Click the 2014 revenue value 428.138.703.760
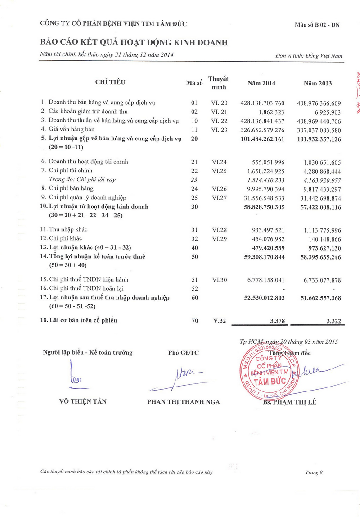pos(262,103)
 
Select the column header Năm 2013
pos(318,83)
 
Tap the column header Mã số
pos(194,83)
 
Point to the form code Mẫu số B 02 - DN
pos(318,25)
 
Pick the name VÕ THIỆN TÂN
pos(83,401)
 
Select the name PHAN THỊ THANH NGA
pos(184,402)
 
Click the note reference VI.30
pos(220,280)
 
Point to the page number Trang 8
pos(314,472)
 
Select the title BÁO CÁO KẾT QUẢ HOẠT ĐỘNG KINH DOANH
pos(134,43)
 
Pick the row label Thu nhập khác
pos(65,229)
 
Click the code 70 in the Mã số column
pos(194,320)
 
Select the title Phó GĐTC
pos(183,353)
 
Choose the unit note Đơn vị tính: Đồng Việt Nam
pos(309,56)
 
